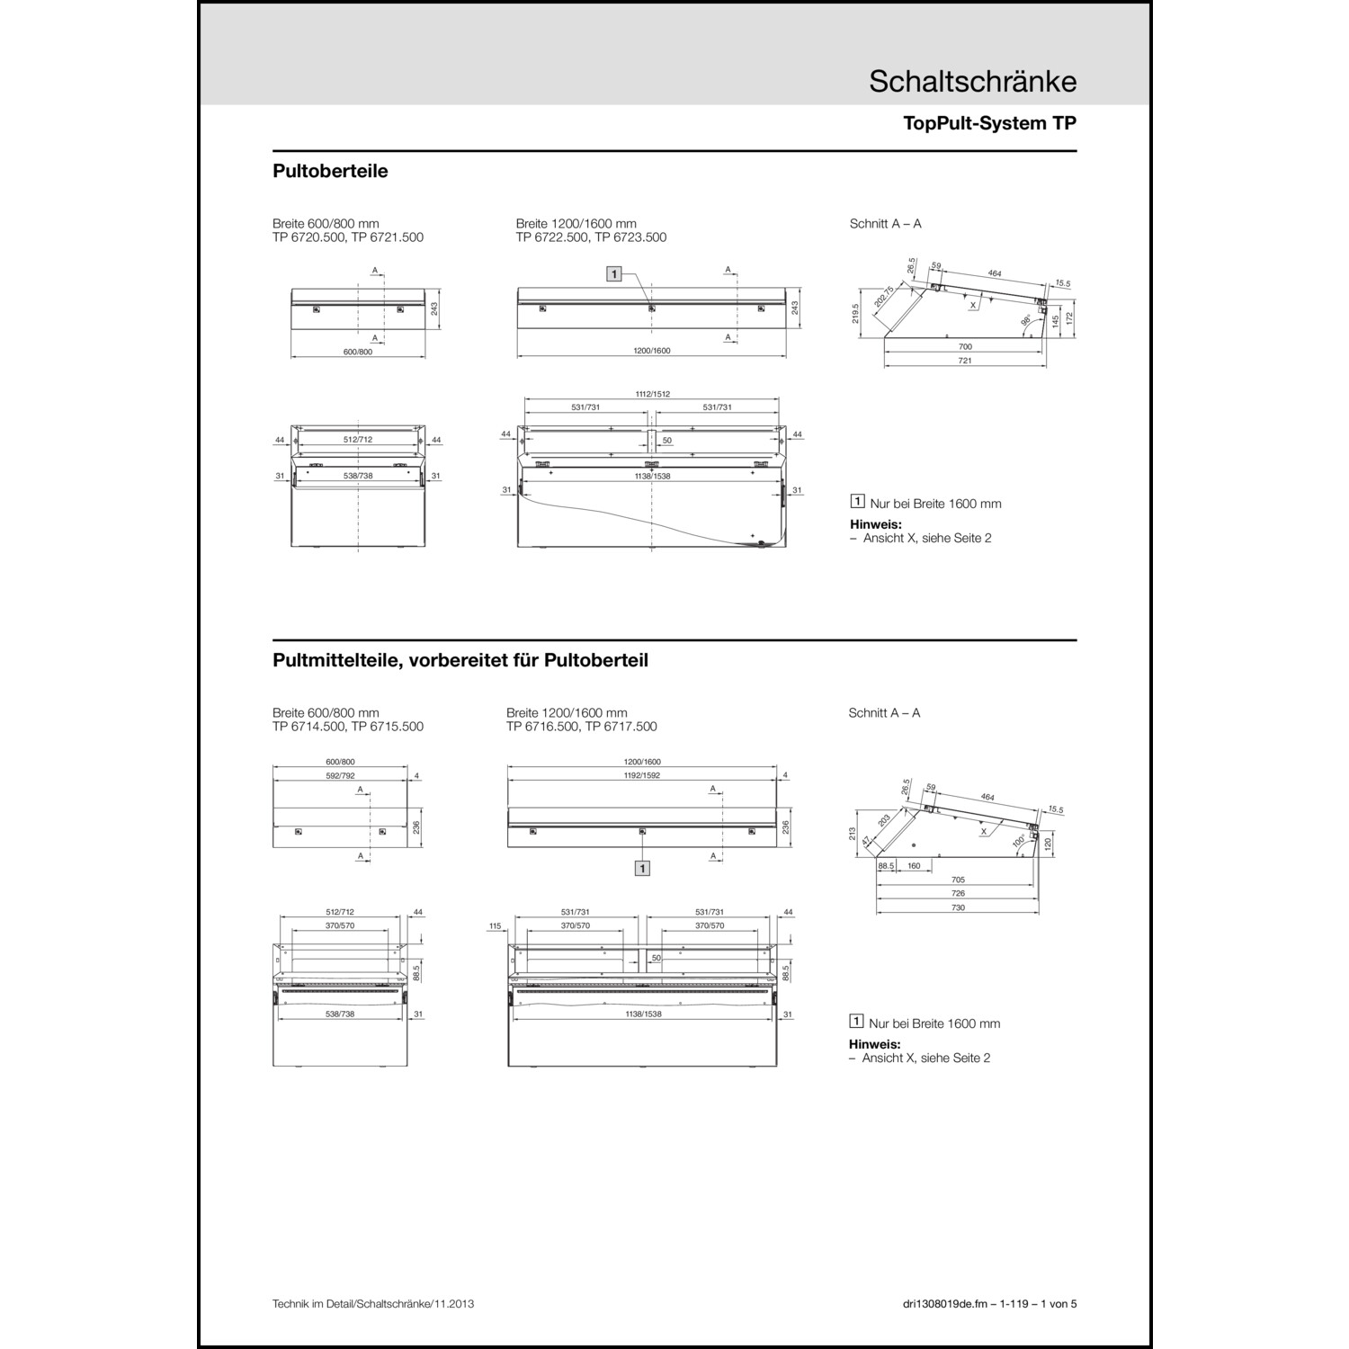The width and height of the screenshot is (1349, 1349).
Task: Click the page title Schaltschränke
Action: coord(972,81)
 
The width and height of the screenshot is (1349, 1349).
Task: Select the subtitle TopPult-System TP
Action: coord(989,124)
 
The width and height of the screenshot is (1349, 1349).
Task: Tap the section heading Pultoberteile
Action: coord(330,171)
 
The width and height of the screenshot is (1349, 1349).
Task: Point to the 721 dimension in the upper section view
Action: coord(964,361)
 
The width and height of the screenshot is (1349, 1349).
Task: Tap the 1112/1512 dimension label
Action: coord(652,394)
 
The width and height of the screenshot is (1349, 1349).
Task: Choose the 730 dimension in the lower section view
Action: coord(958,907)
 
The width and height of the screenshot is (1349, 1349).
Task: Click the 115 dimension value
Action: coord(494,925)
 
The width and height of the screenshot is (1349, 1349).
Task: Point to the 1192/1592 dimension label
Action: coord(642,775)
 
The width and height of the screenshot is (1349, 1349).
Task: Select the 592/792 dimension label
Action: coord(340,775)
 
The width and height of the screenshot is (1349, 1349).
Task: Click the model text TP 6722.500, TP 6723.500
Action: coord(591,237)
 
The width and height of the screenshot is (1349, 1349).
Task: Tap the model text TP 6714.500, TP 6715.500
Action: coord(348,727)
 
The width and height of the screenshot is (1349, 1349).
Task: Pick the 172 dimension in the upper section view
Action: coord(1069,318)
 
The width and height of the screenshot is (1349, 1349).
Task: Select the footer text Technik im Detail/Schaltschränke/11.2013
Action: coord(372,1304)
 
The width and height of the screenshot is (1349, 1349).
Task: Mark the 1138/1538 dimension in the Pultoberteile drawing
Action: coord(652,476)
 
